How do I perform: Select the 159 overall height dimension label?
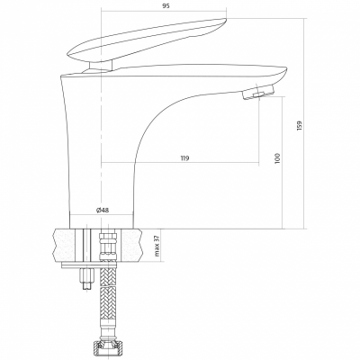[x=301, y=125]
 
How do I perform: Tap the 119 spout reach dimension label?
[x=185, y=158]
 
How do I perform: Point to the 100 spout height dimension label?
[x=277, y=158]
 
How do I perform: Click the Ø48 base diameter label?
[x=103, y=210]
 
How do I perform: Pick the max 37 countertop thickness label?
[x=157, y=246]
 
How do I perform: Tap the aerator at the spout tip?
[x=258, y=92]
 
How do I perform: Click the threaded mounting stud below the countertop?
[x=86, y=276]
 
